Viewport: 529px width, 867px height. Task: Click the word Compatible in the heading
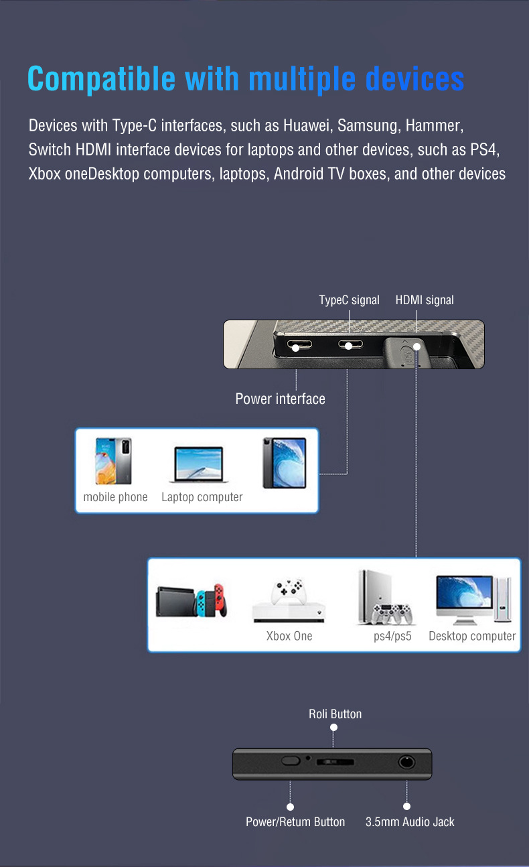point(101,79)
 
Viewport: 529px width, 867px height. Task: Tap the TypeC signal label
point(349,300)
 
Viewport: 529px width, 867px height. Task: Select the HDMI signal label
point(425,300)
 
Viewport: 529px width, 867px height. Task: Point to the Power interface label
point(280,399)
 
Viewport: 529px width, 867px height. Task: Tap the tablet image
point(284,462)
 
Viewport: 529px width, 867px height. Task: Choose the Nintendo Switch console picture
point(192,600)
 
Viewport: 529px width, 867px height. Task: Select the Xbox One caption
point(289,636)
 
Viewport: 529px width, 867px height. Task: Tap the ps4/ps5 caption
point(392,636)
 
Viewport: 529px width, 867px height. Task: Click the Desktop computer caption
point(472,636)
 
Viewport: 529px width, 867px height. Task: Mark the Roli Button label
point(335,714)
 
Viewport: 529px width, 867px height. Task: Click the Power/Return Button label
point(295,822)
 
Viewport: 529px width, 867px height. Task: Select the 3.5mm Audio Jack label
point(410,822)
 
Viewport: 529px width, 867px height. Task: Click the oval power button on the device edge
point(291,760)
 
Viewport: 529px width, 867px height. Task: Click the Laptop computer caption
point(202,497)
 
